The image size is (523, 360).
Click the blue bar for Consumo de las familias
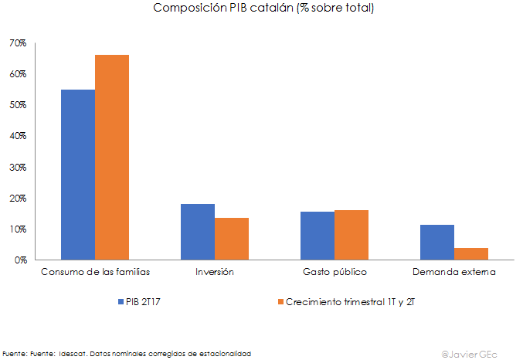(x=78, y=175)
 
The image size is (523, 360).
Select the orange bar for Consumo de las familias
(x=112, y=158)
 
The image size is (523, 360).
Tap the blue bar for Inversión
(x=198, y=232)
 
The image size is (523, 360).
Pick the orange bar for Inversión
(x=232, y=239)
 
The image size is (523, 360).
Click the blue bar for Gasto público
(x=318, y=236)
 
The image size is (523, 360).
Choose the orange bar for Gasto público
(x=351, y=235)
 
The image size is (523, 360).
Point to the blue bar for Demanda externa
(x=437, y=243)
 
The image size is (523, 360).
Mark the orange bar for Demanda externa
(x=471, y=254)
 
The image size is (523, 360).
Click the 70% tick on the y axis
(x=18, y=43)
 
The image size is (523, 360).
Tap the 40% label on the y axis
(x=18, y=136)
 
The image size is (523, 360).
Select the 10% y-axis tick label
(x=18, y=229)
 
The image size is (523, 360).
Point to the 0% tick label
(x=20, y=260)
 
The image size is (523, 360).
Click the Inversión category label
(x=215, y=273)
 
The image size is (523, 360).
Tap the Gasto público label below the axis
(x=335, y=273)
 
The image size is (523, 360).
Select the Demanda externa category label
(x=454, y=273)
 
